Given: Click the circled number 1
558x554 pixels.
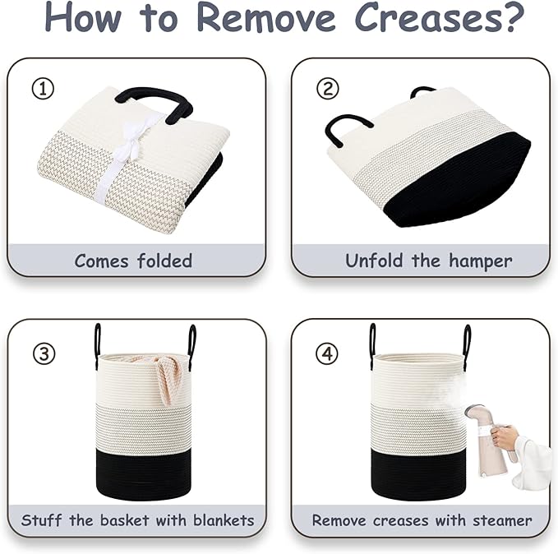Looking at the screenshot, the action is tap(43, 89).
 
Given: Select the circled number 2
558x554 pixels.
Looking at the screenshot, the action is tap(327, 89).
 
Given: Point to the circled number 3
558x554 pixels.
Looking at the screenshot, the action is tap(44, 353).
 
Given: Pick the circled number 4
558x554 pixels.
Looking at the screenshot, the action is tap(327, 353).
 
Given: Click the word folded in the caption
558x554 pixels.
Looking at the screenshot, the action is tap(164, 261).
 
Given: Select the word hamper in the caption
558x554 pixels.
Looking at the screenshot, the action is tap(480, 261).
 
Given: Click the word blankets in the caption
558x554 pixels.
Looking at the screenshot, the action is tap(224, 520).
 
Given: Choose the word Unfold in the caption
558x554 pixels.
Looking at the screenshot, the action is tap(376, 261).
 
